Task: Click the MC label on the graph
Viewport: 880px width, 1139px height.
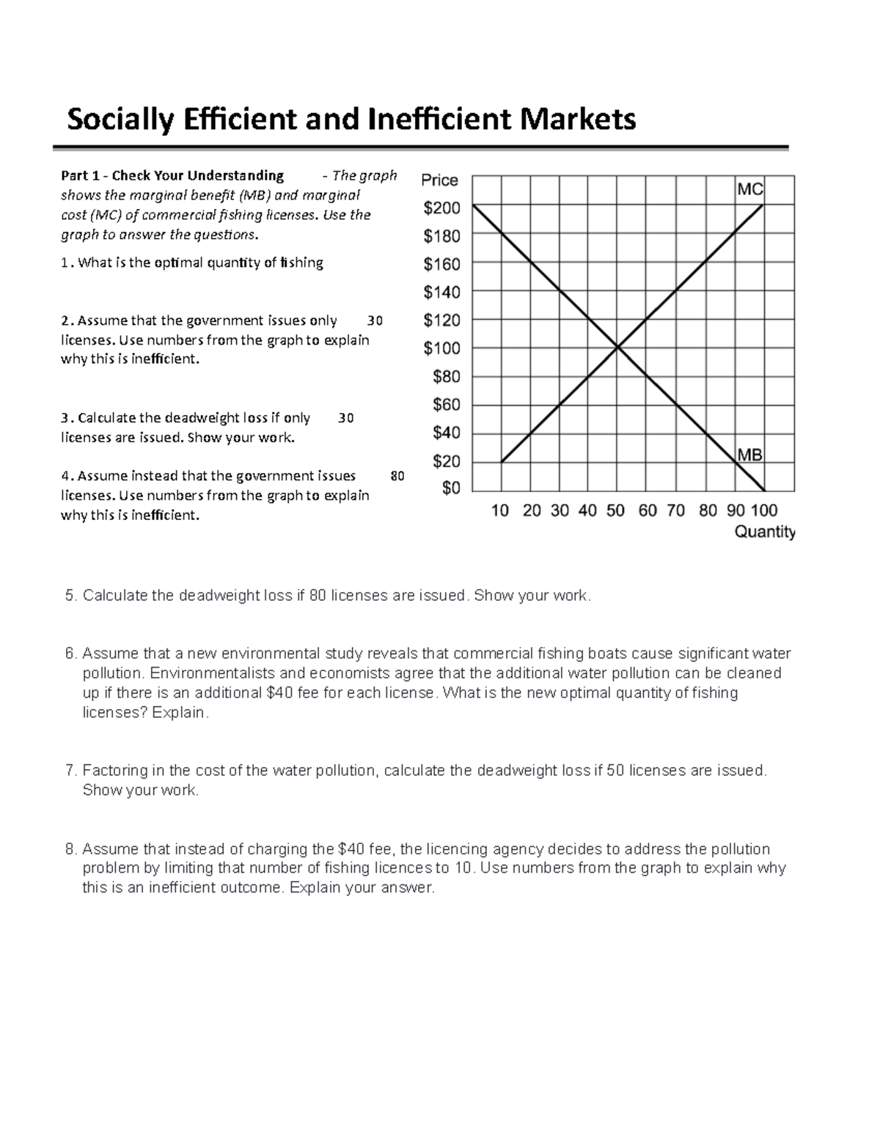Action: (749, 190)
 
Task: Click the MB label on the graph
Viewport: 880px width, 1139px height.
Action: (749, 455)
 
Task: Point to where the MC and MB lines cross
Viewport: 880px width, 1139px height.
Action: (617, 348)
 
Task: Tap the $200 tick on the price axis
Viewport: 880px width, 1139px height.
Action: (441, 209)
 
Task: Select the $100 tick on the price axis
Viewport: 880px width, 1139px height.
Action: (441, 348)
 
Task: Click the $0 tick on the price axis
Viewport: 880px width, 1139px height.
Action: (451, 488)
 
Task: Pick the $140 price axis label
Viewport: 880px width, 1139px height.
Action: (441, 293)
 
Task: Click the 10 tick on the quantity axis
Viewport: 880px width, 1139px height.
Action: (500, 510)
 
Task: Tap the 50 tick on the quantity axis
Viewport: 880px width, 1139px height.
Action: (616, 510)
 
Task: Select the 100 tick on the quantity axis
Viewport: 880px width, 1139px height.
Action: (764, 510)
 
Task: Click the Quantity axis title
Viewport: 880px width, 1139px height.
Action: (765, 532)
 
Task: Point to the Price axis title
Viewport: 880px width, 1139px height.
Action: (439, 180)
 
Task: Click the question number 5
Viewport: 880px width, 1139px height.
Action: (70, 596)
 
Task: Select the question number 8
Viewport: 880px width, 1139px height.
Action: (70, 849)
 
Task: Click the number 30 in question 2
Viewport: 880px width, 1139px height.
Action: (375, 321)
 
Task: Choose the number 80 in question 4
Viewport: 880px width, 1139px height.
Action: (397, 476)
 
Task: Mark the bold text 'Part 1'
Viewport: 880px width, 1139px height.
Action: (80, 176)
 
